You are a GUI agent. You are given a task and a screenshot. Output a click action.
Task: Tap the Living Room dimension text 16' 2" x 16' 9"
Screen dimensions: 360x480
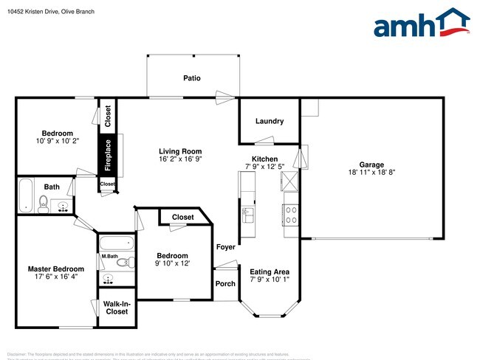(180, 159)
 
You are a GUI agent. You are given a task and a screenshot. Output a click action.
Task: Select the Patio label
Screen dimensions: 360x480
(192, 77)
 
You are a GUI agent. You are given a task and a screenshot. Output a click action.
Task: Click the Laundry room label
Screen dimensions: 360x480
(269, 121)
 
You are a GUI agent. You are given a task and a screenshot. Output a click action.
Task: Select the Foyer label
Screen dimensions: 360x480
(224, 248)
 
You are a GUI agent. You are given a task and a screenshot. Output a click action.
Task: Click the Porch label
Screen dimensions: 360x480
(224, 284)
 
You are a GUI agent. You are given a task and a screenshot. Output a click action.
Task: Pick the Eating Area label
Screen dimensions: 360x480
(269, 271)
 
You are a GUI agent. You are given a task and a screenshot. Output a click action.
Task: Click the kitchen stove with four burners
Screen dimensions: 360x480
(291, 214)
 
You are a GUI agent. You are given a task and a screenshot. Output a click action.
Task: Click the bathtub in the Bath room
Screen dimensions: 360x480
(25, 195)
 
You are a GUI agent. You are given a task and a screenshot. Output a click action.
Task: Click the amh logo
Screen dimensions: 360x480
(421, 24)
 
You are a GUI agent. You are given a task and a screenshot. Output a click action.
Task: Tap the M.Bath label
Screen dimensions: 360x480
(110, 256)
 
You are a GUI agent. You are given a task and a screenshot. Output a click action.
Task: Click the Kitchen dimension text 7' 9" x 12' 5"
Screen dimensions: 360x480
(264, 167)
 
